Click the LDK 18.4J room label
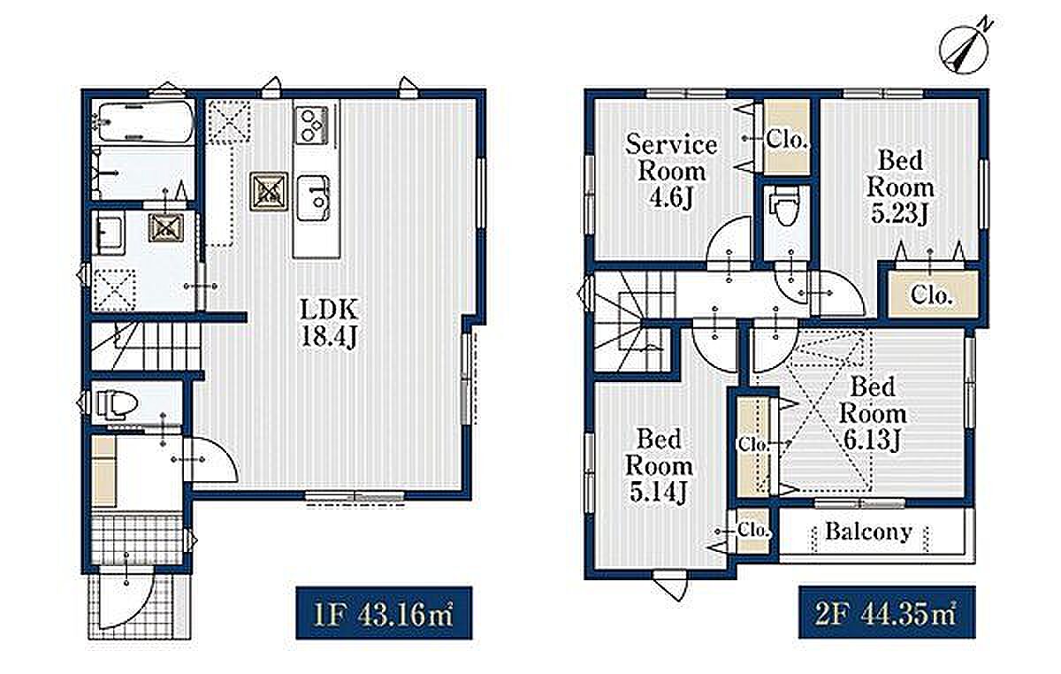pyautogui.click(x=329, y=324)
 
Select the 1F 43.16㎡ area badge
pyautogui.click(x=384, y=613)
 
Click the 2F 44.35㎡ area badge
pyautogui.click(x=887, y=613)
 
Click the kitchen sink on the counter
pyautogui.click(x=313, y=198)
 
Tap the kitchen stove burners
pyautogui.click(x=311, y=125)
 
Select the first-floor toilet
pyautogui.click(x=115, y=404)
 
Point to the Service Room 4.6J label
pyautogui.click(x=672, y=172)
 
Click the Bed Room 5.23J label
pyautogui.click(x=899, y=187)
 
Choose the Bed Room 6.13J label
pyautogui.click(x=873, y=413)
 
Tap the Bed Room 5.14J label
pyautogui.click(x=659, y=465)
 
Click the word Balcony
pyautogui.click(x=868, y=532)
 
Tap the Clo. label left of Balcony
pyautogui.click(x=752, y=530)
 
